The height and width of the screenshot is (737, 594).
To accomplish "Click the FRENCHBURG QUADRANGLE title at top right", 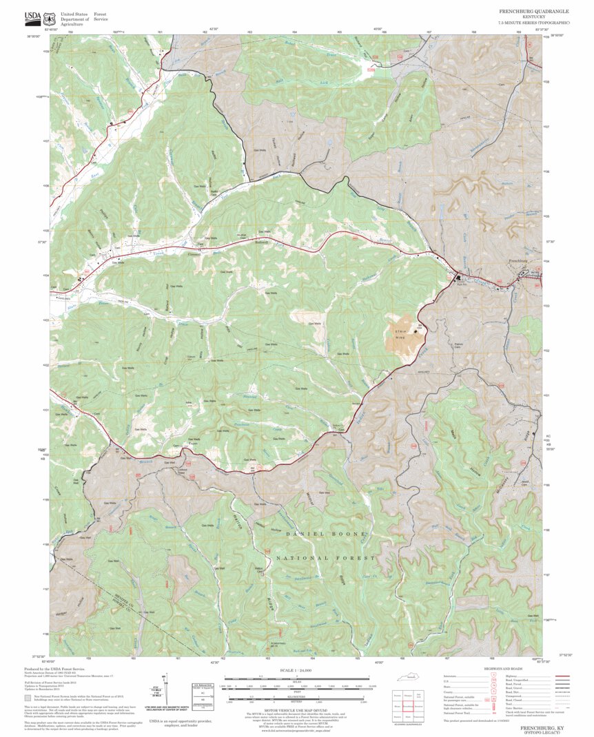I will [534, 12].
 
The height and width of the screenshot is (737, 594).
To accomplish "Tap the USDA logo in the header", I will [32, 16].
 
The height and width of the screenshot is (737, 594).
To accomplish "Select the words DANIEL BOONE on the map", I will [327, 534].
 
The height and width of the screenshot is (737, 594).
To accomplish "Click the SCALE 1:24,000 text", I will [297, 670].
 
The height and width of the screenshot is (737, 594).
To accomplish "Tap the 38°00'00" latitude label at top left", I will [34, 36].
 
